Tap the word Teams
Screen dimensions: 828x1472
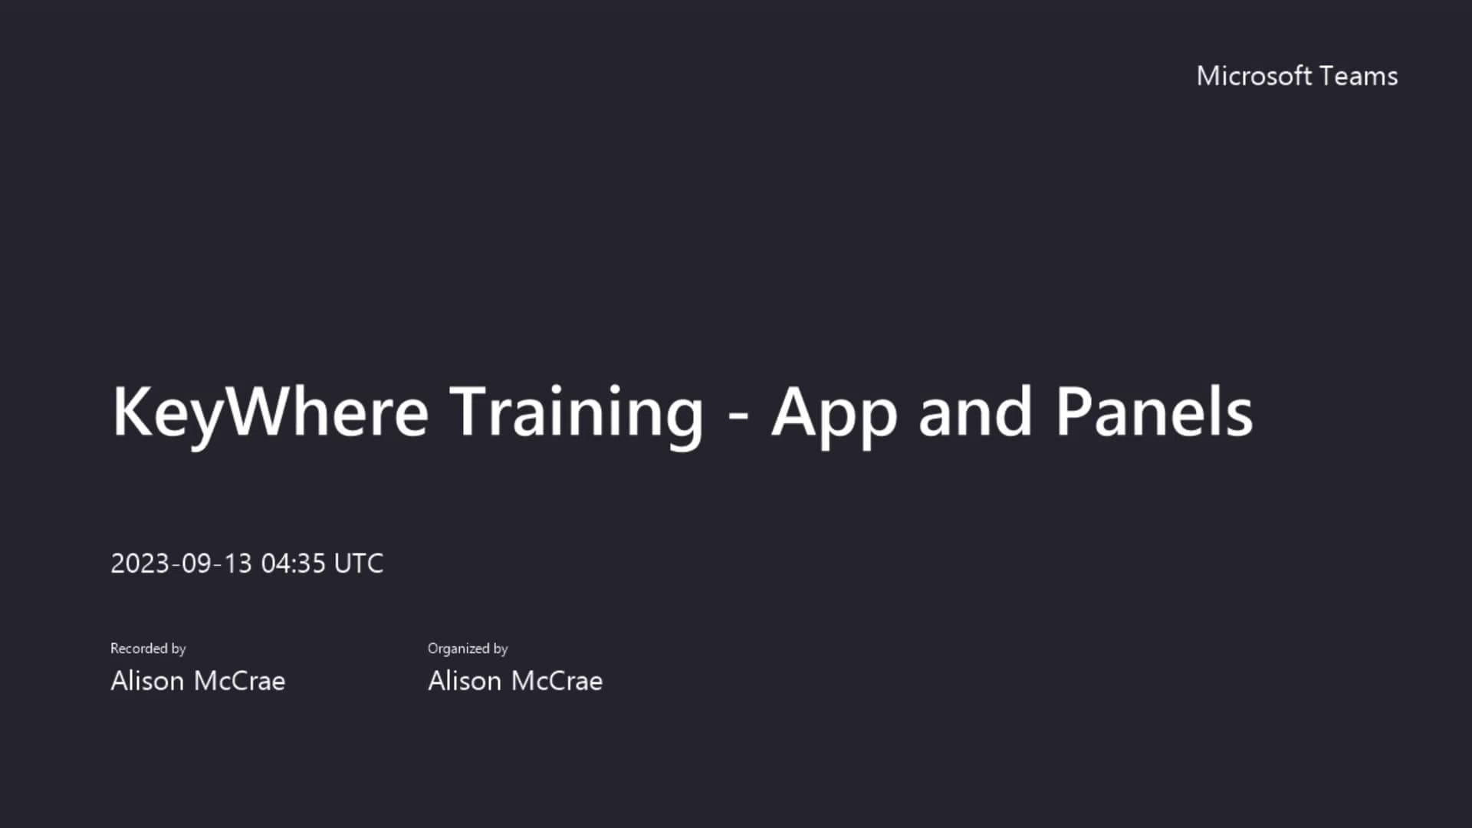tap(1359, 76)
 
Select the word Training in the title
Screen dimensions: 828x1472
tap(576, 412)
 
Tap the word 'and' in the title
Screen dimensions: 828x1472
tap(975, 412)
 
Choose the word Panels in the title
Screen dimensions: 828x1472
tap(1154, 412)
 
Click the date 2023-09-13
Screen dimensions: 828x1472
tap(181, 563)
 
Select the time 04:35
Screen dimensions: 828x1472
tap(294, 563)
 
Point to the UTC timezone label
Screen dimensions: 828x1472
tap(359, 563)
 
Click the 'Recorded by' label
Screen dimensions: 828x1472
tap(148, 649)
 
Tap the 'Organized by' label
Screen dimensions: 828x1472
tap(468, 649)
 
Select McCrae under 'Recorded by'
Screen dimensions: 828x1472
tap(239, 681)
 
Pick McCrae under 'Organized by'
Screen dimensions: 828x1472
tap(557, 681)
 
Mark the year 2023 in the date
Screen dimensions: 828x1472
tap(140, 563)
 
